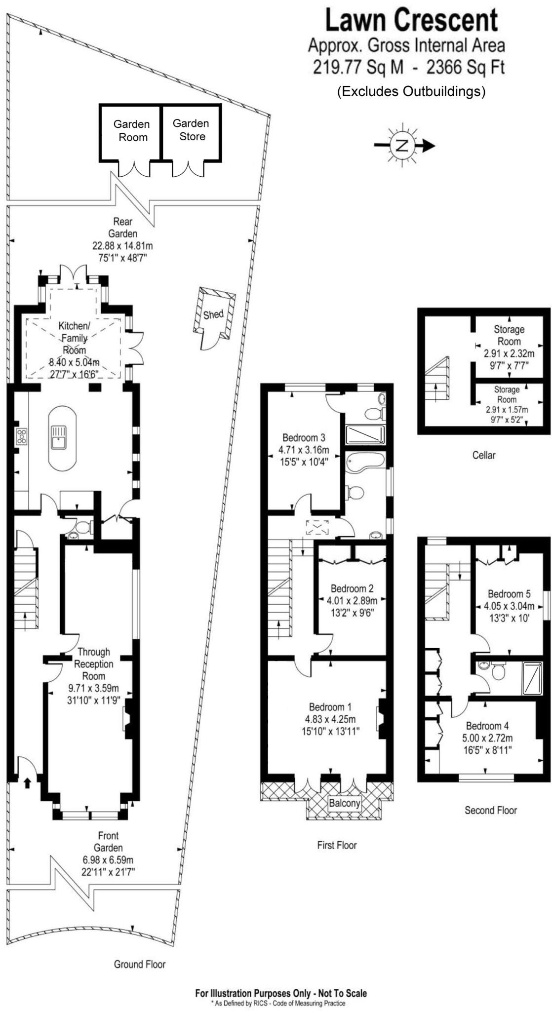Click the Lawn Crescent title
(x=411, y=21)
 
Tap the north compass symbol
(x=403, y=145)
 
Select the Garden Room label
(x=131, y=131)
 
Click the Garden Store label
(x=191, y=130)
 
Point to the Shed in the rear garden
(x=214, y=315)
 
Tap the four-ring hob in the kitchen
(x=22, y=436)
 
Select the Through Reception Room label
(x=94, y=664)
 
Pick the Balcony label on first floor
(x=345, y=803)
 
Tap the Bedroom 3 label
(x=303, y=437)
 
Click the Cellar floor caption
(x=483, y=455)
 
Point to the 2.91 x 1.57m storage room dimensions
(x=506, y=410)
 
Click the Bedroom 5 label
(x=509, y=594)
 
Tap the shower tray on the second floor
(x=531, y=677)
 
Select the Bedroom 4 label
(x=487, y=726)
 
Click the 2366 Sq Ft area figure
(x=465, y=67)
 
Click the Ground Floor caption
(x=140, y=964)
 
